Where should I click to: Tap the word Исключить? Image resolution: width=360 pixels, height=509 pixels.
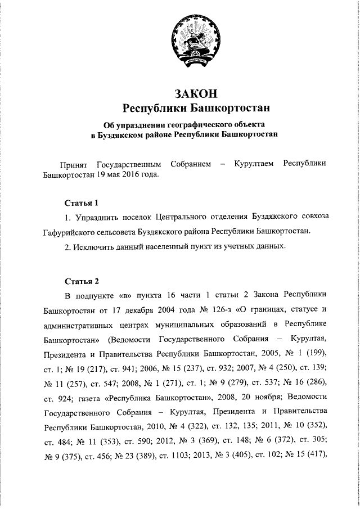point(94,246)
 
